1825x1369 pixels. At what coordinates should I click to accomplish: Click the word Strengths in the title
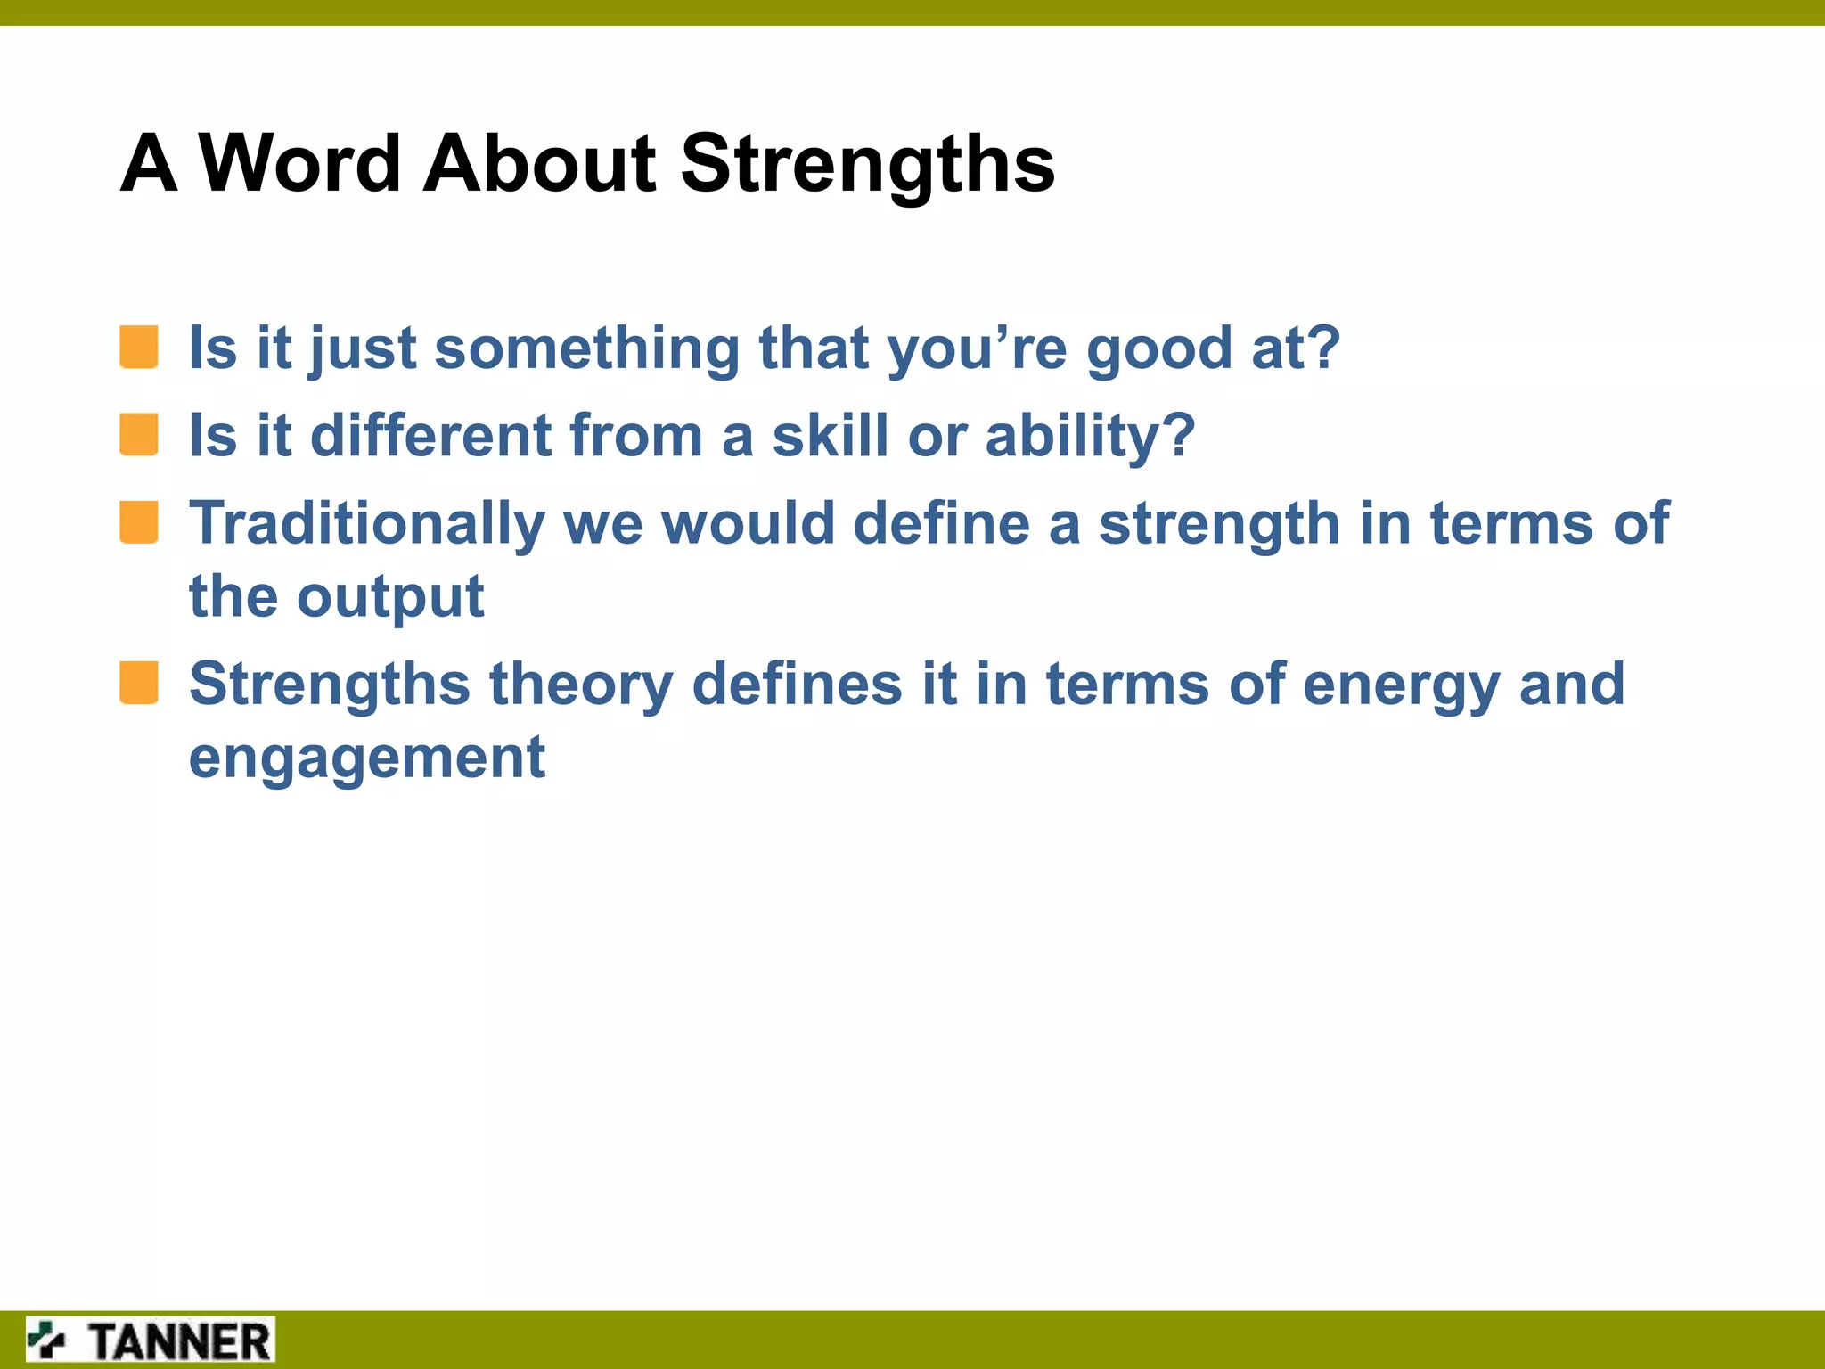(x=867, y=163)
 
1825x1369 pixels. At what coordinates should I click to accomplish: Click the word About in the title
(x=539, y=163)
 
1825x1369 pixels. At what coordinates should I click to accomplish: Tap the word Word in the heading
(x=299, y=163)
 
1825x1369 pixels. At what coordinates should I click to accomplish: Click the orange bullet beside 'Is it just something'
(x=139, y=347)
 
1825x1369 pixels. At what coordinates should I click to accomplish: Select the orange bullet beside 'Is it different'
(x=139, y=435)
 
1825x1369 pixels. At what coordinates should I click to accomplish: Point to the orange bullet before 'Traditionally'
(x=139, y=522)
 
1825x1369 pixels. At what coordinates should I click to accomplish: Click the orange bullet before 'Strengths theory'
(x=139, y=683)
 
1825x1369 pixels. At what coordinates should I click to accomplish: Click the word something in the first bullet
(x=586, y=348)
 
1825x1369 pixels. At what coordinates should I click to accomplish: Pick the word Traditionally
(x=366, y=523)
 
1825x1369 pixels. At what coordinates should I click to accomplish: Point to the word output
(x=390, y=597)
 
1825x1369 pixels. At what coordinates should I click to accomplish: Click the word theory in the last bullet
(x=581, y=684)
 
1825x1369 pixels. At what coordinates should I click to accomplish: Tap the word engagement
(x=366, y=758)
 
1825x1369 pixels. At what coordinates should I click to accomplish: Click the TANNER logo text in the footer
(x=180, y=1341)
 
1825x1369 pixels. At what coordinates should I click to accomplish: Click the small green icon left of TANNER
(x=46, y=1340)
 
